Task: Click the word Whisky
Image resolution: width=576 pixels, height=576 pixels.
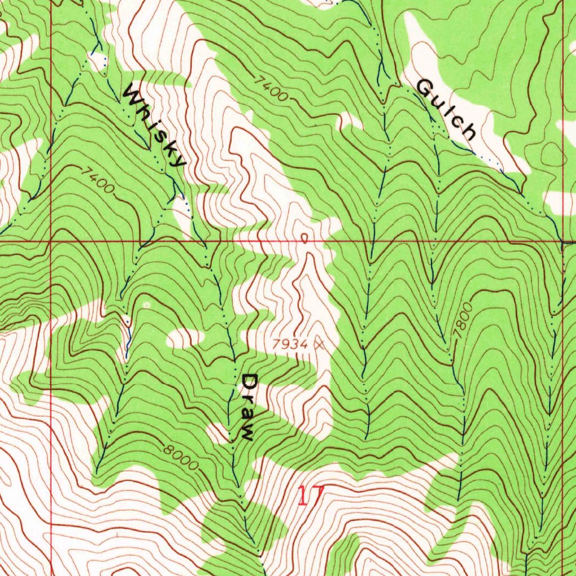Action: pyautogui.click(x=154, y=125)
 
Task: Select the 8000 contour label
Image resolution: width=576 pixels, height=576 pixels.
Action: pyautogui.click(x=182, y=457)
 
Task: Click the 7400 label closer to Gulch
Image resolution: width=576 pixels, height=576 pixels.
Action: pyautogui.click(x=271, y=88)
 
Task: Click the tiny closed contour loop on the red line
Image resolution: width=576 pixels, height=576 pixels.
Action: pyautogui.click(x=305, y=238)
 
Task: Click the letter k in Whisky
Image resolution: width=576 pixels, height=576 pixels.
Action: pyautogui.click(x=165, y=139)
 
